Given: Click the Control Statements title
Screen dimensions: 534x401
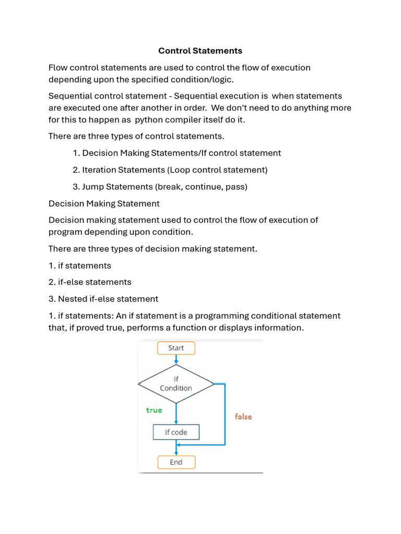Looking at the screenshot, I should (200, 51).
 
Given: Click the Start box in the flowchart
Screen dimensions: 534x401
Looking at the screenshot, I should (176, 348).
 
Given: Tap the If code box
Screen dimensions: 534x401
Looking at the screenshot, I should (176, 432).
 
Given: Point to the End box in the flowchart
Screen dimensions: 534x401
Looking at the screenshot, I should (176, 462).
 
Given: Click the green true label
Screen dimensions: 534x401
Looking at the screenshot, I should (154, 410).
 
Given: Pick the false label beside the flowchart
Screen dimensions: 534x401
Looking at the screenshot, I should (243, 417).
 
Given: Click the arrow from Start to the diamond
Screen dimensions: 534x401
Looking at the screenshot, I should (176, 360).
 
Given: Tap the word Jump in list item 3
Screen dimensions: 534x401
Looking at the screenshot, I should (93, 187).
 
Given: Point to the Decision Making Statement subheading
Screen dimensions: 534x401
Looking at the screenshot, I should (104, 203).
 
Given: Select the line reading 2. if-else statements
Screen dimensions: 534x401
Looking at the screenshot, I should (90, 282).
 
